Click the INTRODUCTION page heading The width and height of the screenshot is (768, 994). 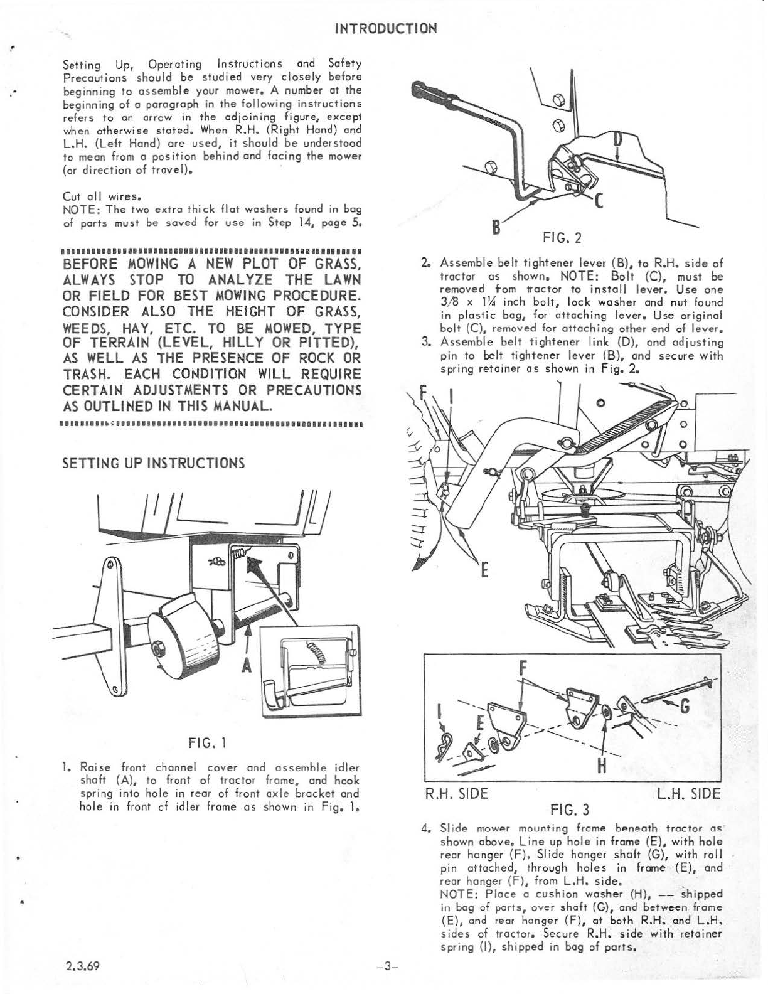(385, 29)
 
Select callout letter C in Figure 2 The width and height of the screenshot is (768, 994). (599, 200)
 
